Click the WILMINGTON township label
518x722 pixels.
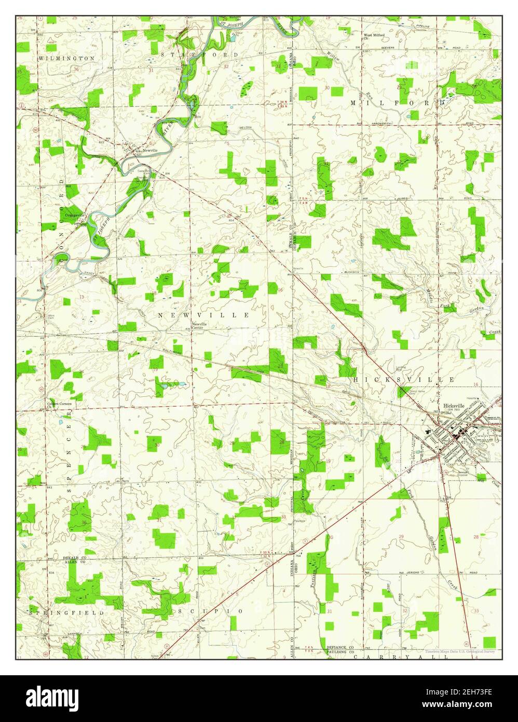66,59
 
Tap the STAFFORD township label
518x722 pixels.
199,55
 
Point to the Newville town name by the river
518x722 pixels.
150,151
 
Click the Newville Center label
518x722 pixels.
200,326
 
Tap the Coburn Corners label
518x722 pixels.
59,404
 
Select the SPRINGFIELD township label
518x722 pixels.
67,613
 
